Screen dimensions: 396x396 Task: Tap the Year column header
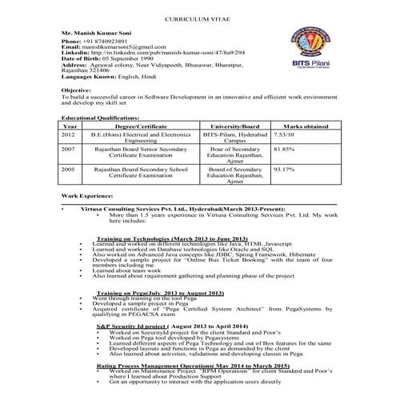coord(70,126)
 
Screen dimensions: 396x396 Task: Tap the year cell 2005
coord(68,170)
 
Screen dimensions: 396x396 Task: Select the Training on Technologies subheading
coord(172,239)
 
